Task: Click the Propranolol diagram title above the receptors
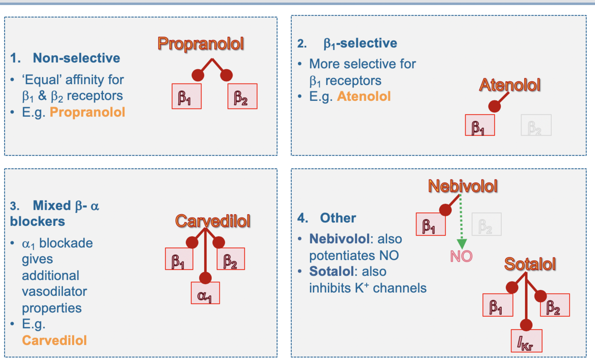[x=201, y=44]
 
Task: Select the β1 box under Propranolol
[x=186, y=96]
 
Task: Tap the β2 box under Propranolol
[x=242, y=96]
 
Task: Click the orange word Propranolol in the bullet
[x=87, y=112]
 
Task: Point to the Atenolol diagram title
[x=509, y=85]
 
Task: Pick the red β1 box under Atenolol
[x=479, y=125]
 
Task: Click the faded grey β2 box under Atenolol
[x=536, y=125]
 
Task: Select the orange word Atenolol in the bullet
[x=364, y=96]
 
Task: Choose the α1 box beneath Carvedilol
[x=205, y=293]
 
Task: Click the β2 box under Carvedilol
[x=231, y=259]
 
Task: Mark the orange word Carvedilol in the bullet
[x=54, y=340]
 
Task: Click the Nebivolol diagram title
[x=463, y=186]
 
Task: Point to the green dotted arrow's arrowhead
[x=462, y=244]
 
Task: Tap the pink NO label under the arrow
[x=461, y=257]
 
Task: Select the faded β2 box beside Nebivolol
[x=486, y=224]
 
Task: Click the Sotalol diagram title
[x=530, y=264]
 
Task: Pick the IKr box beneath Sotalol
[x=526, y=341]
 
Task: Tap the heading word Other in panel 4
[x=338, y=218]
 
